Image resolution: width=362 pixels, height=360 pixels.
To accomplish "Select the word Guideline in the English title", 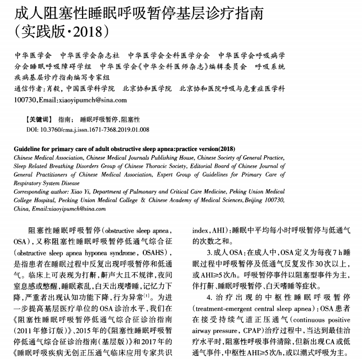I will pyautogui.click(x=29, y=148).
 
